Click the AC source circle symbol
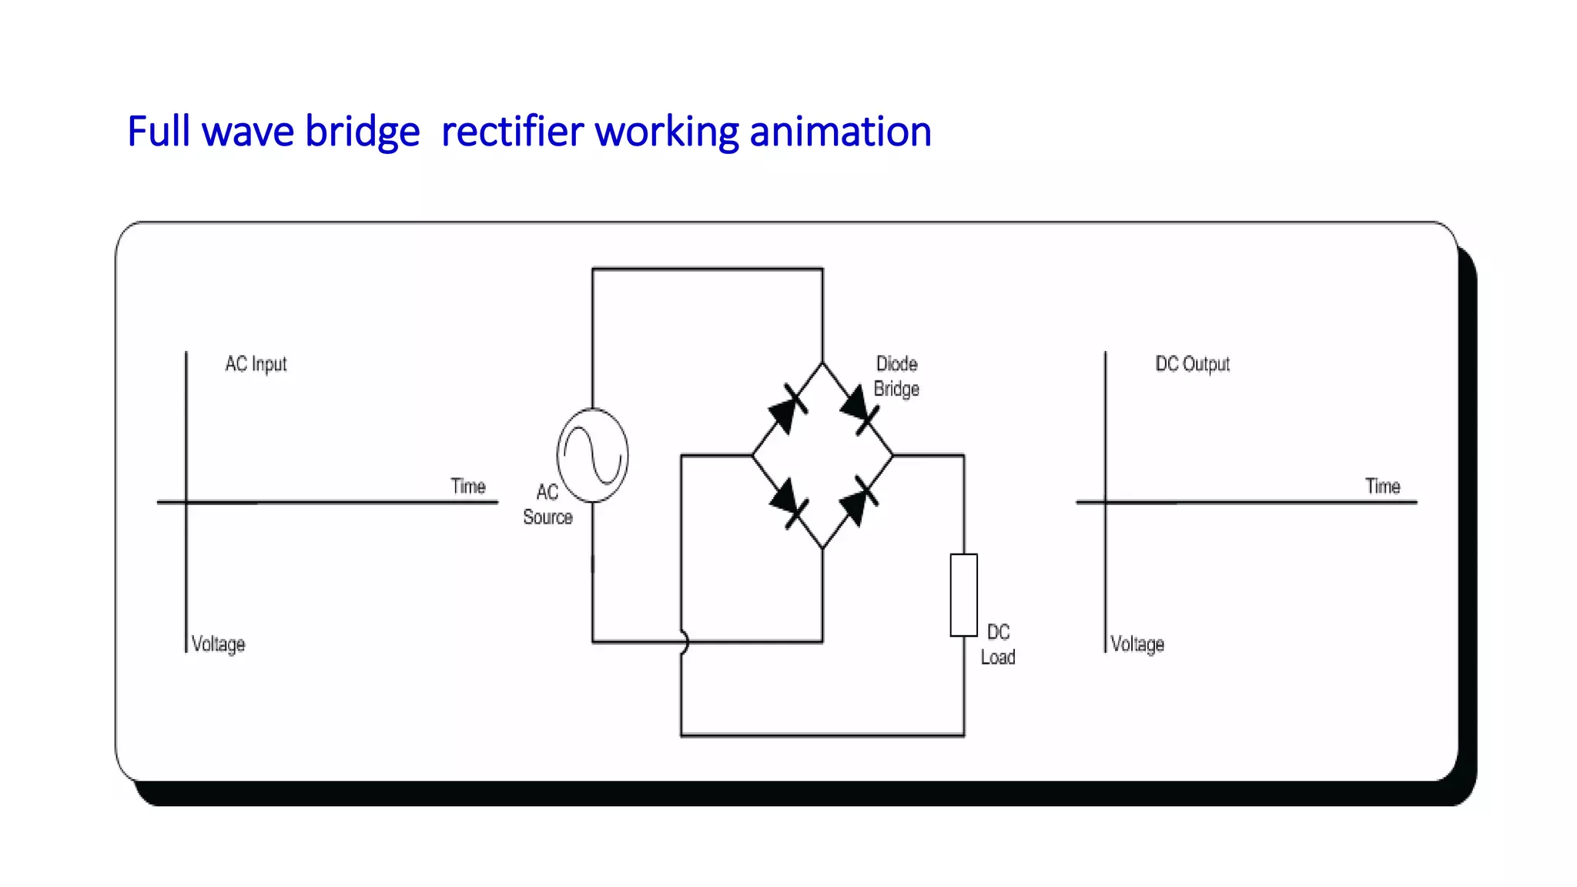pyautogui.click(x=592, y=455)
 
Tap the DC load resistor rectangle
pyautogui.click(x=963, y=594)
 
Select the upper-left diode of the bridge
pyautogui.click(x=787, y=409)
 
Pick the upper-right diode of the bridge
pyautogui.click(x=859, y=409)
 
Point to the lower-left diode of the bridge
pyautogui.click(x=788, y=503)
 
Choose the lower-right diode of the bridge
pyautogui.click(x=859, y=501)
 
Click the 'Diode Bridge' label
pyautogui.click(x=896, y=376)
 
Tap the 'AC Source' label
pyautogui.click(x=547, y=504)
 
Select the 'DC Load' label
pyautogui.click(x=998, y=644)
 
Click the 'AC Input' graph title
pyautogui.click(x=256, y=363)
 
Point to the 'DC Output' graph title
pyautogui.click(x=1192, y=363)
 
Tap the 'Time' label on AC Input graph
pyautogui.click(x=467, y=486)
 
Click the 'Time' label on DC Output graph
pyautogui.click(x=1382, y=486)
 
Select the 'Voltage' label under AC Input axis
pyautogui.click(x=218, y=644)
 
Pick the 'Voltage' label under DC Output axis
pyautogui.click(x=1137, y=644)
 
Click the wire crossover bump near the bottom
pyautogui.click(x=683, y=641)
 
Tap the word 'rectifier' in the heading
pyautogui.click(x=512, y=131)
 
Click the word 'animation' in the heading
pyautogui.click(x=840, y=131)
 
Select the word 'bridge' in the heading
pyautogui.click(x=362, y=131)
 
